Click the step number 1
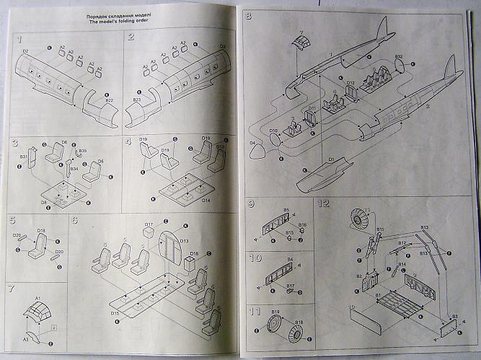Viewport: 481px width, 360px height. coord(20,38)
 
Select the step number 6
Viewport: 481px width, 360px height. coord(74,220)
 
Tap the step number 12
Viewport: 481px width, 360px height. coord(325,204)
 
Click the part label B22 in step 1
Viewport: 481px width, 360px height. coord(109,100)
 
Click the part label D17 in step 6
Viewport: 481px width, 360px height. coord(149,225)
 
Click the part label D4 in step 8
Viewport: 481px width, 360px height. coord(252,144)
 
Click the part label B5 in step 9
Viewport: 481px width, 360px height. coord(286,210)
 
